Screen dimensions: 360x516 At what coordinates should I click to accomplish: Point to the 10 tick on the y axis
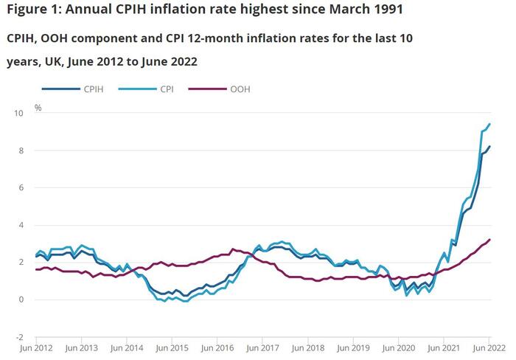pos(18,113)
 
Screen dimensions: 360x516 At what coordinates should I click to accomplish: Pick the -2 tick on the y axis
pos(18,337)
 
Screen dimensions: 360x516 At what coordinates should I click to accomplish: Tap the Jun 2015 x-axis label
pos(171,347)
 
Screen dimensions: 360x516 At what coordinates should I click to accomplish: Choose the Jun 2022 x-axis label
pos(487,347)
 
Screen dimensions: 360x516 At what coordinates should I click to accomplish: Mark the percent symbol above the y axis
pos(38,108)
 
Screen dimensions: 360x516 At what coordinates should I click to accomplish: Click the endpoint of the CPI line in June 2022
pos(490,124)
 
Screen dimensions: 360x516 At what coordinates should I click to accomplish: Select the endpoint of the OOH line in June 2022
pos(490,239)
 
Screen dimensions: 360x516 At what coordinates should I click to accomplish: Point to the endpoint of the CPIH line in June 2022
pos(490,146)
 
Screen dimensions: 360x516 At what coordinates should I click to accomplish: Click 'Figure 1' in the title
pos(35,10)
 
